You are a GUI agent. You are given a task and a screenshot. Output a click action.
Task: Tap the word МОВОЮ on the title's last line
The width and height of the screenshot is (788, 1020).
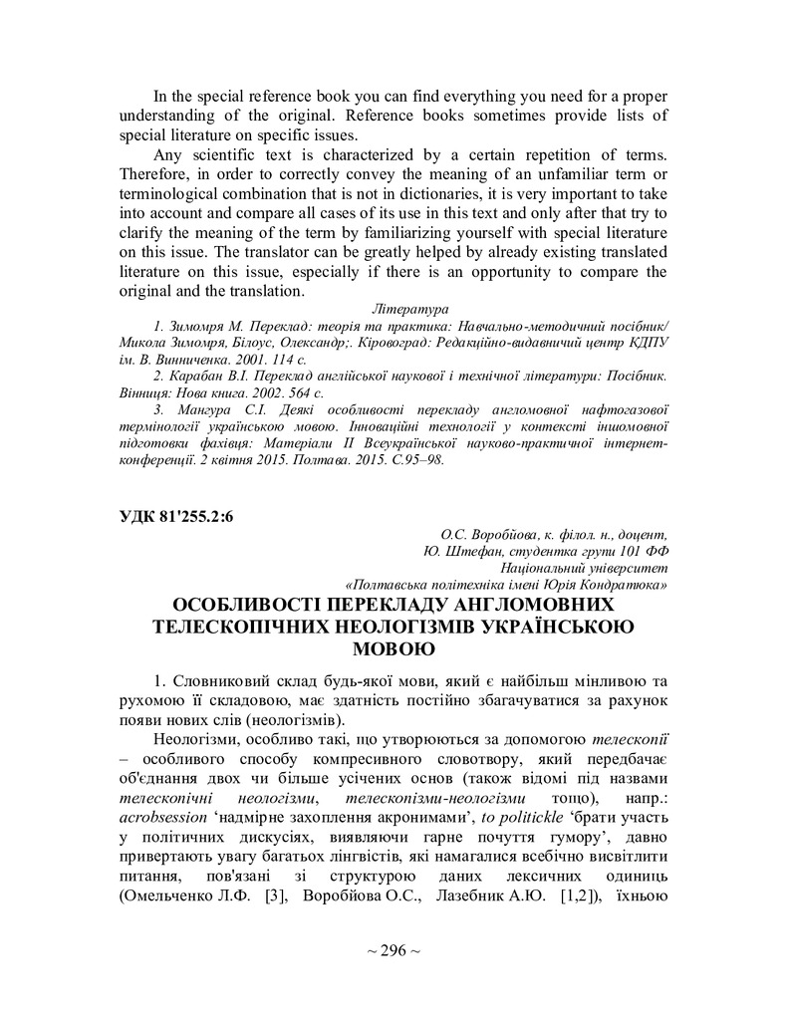(x=394, y=649)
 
